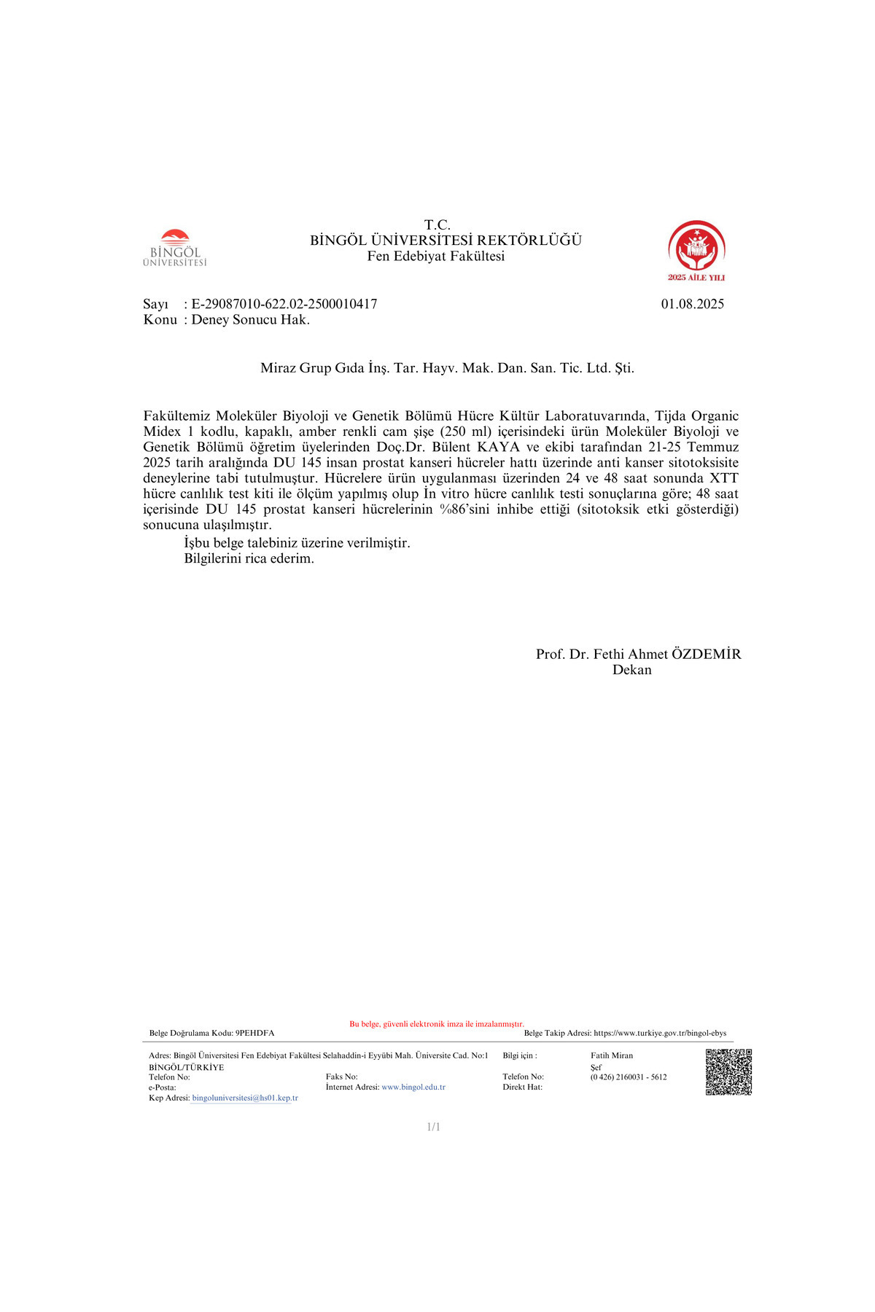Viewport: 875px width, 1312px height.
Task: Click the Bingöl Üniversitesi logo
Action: point(175,249)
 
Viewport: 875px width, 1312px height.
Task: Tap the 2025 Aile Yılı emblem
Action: point(696,250)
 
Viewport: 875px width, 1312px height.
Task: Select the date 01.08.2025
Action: point(692,304)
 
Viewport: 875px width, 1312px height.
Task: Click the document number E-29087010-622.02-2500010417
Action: point(284,304)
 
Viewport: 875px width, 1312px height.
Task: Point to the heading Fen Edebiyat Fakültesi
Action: point(436,256)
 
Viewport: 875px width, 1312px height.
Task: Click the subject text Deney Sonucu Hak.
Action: point(251,320)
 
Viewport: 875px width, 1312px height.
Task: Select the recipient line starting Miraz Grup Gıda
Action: point(447,368)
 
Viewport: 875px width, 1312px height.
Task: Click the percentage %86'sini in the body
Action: point(464,509)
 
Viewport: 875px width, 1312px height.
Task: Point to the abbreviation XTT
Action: point(724,478)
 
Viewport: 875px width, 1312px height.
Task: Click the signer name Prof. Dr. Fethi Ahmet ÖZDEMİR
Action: point(638,654)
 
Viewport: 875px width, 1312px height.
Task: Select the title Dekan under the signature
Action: point(631,670)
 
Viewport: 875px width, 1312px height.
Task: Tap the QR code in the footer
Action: point(728,1071)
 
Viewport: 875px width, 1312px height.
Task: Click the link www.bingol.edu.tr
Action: point(413,1087)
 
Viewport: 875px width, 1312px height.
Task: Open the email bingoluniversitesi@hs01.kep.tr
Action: point(245,1098)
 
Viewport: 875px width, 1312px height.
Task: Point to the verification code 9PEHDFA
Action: point(255,1033)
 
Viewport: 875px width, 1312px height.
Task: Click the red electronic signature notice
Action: point(436,1024)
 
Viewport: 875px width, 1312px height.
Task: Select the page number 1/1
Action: point(433,1127)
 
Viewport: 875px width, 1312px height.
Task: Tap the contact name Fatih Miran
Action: point(612,1055)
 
